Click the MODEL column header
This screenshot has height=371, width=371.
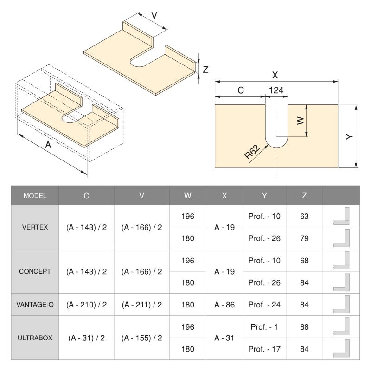coord(35,196)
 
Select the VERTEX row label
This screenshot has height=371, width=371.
coord(35,227)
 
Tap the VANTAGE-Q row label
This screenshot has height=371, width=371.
coord(35,305)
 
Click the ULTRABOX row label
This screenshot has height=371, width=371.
coord(35,338)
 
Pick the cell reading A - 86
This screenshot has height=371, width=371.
coord(224,305)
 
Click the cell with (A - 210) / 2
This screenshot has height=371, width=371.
coord(86,305)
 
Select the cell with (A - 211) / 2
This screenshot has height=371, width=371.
coord(141,305)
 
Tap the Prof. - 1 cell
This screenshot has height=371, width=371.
coord(264,327)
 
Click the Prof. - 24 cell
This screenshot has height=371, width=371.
coord(264,305)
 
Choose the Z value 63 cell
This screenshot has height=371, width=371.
coord(304,217)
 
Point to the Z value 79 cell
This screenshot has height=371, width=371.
coord(304,238)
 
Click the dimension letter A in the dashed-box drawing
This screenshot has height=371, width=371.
coord(48,145)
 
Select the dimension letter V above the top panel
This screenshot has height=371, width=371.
coord(154,15)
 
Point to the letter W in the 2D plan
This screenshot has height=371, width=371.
coord(300,121)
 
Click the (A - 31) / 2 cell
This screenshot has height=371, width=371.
coord(86,338)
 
